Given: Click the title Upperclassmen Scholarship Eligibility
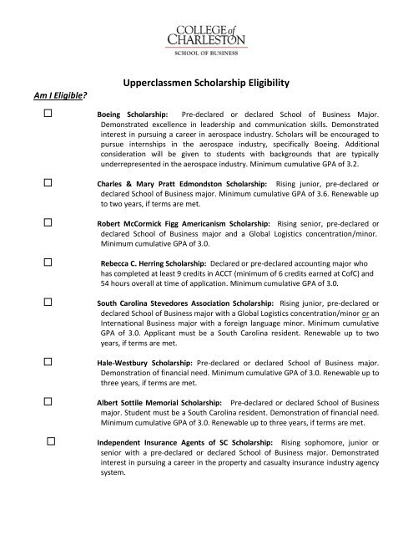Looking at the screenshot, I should [206, 84].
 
